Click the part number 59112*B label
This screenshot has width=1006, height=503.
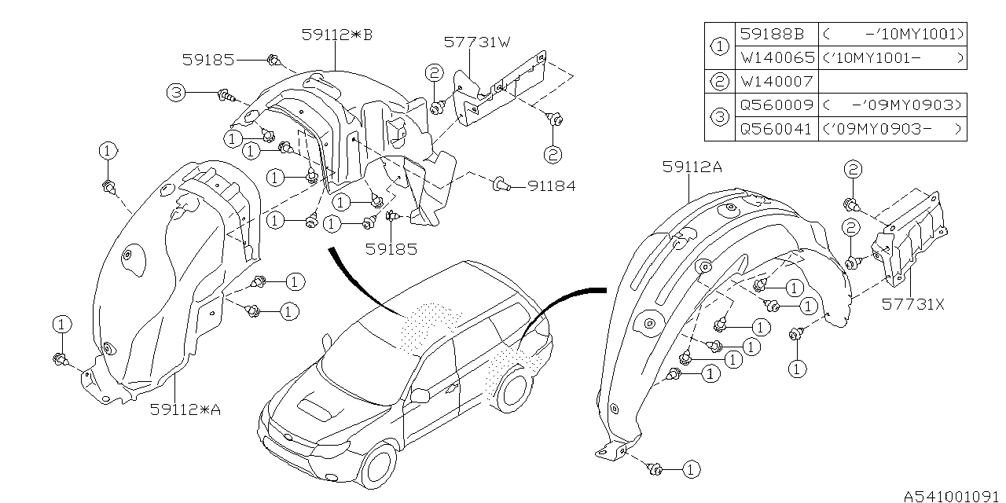coord(336,35)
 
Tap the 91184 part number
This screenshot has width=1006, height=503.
coord(551,186)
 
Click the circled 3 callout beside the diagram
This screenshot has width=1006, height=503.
coord(177,94)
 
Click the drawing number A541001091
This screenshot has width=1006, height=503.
coord(952,495)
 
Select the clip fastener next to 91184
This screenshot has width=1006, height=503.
coord(500,186)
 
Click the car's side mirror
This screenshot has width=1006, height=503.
coord(419,395)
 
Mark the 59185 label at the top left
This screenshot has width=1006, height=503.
coord(208,59)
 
